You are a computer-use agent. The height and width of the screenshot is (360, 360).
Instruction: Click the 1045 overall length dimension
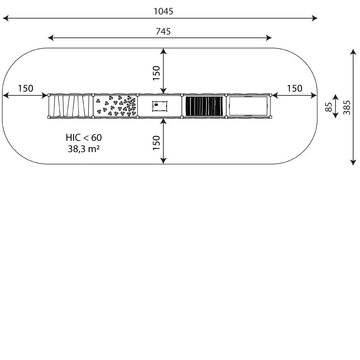pos(163,11)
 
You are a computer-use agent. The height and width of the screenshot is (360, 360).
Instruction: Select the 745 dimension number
pos(163,31)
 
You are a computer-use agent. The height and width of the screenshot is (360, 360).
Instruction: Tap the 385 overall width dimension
pos(346,107)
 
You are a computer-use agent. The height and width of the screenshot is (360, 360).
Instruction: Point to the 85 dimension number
pos(329,107)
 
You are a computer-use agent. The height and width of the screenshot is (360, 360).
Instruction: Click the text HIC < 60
pos(84,138)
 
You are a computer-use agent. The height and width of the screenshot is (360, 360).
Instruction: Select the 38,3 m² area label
pos(84,149)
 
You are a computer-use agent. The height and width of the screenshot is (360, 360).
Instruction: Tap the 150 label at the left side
pos(26,88)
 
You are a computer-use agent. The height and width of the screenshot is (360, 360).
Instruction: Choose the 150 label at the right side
pos(295,88)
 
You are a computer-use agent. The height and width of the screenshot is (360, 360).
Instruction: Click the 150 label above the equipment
pos(156,73)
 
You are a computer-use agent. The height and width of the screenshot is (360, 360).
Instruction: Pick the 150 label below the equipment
pos(156,143)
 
